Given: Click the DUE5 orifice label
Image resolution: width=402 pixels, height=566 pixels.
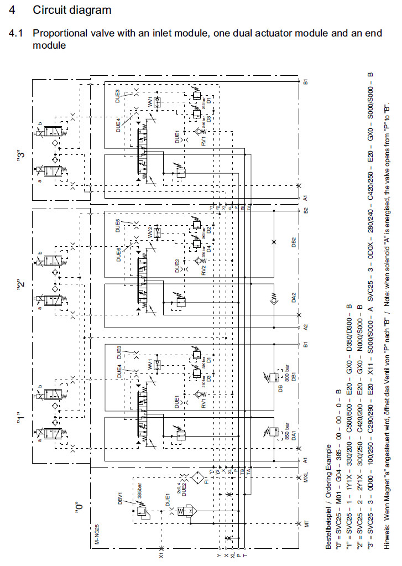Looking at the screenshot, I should (118, 225).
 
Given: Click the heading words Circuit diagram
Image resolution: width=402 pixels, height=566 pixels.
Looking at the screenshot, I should (72, 10).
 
